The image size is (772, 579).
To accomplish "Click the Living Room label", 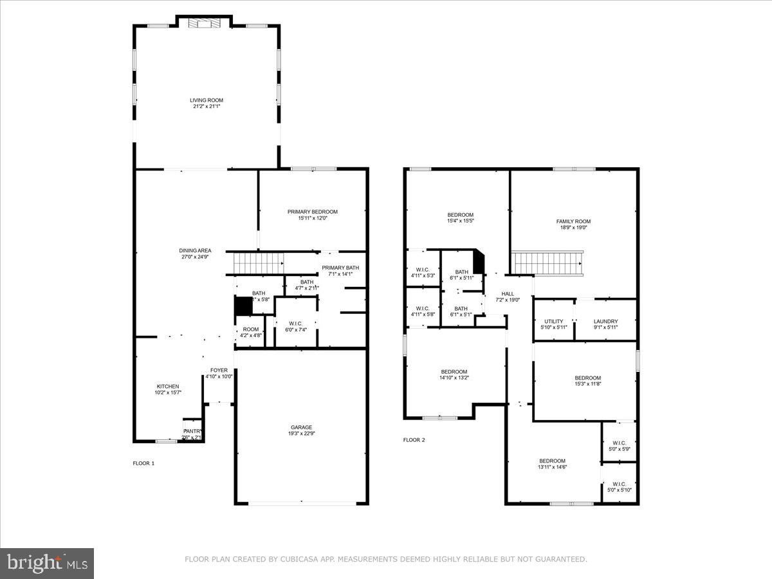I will click(x=207, y=100).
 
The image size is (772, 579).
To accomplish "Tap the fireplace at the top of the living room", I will click(x=204, y=24).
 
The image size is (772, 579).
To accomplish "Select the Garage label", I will click(x=301, y=427).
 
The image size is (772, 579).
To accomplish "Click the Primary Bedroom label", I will click(x=313, y=212).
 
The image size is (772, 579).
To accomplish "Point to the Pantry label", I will click(x=192, y=432).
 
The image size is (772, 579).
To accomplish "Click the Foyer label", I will click(x=219, y=371).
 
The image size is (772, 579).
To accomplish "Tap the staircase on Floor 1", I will click(x=258, y=262).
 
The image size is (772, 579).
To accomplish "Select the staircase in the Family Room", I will click(x=548, y=262).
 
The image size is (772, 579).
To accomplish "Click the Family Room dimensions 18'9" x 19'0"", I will click(x=573, y=227).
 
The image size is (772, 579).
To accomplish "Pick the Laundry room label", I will click(x=605, y=322).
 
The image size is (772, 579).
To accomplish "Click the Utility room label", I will click(x=553, y=322).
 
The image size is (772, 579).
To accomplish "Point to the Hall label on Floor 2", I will click(x=508, y=294).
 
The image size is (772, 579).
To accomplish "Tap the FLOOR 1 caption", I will click(x=143, y=463).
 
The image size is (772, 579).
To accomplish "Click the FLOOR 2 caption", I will click(x=414, y=440).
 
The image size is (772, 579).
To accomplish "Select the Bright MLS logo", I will click(x=47, y=564).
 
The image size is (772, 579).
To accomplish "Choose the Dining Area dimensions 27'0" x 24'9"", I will click(x=195, y=257).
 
